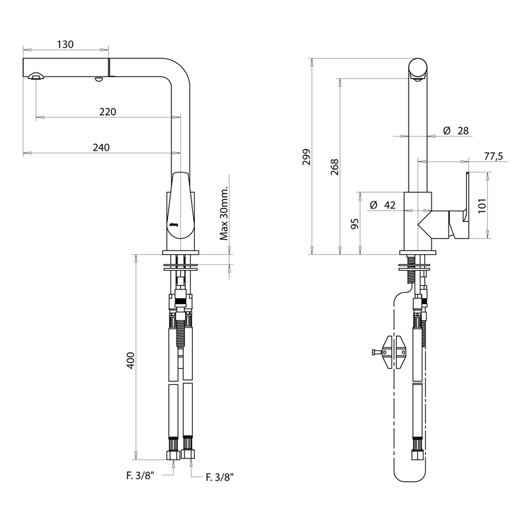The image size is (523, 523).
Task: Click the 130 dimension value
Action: [65, 44]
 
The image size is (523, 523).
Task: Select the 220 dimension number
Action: [107, 112]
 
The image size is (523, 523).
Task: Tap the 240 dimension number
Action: [101, 148]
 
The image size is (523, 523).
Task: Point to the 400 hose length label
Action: [131, 360]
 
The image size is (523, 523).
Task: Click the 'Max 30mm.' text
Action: [224, 213]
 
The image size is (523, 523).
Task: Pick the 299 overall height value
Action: [306, 157]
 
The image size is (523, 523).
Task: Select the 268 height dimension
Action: [335, 167]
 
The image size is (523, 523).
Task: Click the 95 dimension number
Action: [355, 224]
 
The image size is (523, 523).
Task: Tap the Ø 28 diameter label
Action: [456, 131]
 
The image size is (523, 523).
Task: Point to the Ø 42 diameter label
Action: [382, 205]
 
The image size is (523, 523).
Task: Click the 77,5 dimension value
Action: [494, 156]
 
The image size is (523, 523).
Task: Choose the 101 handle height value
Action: [482, 206]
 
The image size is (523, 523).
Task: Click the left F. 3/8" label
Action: [141, 476]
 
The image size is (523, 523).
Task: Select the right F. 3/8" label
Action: [220, 478]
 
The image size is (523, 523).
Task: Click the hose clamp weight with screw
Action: [390, 352]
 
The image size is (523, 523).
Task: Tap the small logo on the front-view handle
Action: [174, 224]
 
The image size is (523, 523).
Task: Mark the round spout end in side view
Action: [418, 68]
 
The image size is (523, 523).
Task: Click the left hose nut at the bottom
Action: [173, 454]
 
